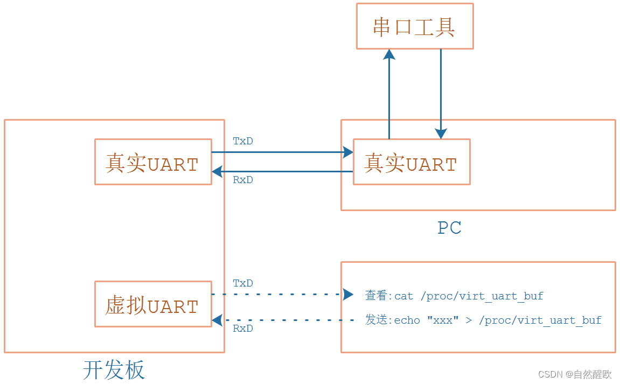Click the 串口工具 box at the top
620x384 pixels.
click(414, 26)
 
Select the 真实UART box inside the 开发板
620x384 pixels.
click(153, 162)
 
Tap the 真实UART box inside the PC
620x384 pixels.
click(412, 162)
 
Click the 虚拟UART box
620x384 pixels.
click(153, 304)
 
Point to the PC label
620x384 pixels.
click(449, 228)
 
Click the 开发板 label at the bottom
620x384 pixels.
click(114, 370)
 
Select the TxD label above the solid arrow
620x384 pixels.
click(243, 141)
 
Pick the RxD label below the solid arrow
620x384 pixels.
click(243, 180)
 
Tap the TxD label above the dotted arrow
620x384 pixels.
click(243, 283)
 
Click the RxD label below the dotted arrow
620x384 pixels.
click(243, 328)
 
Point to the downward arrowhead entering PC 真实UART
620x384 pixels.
click(441, 134)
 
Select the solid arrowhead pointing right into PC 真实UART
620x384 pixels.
click(348, 152)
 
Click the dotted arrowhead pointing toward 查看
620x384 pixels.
click(349, 295)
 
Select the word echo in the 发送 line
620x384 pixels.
click(407, 320)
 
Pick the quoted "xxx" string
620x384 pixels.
click(443, 320)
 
